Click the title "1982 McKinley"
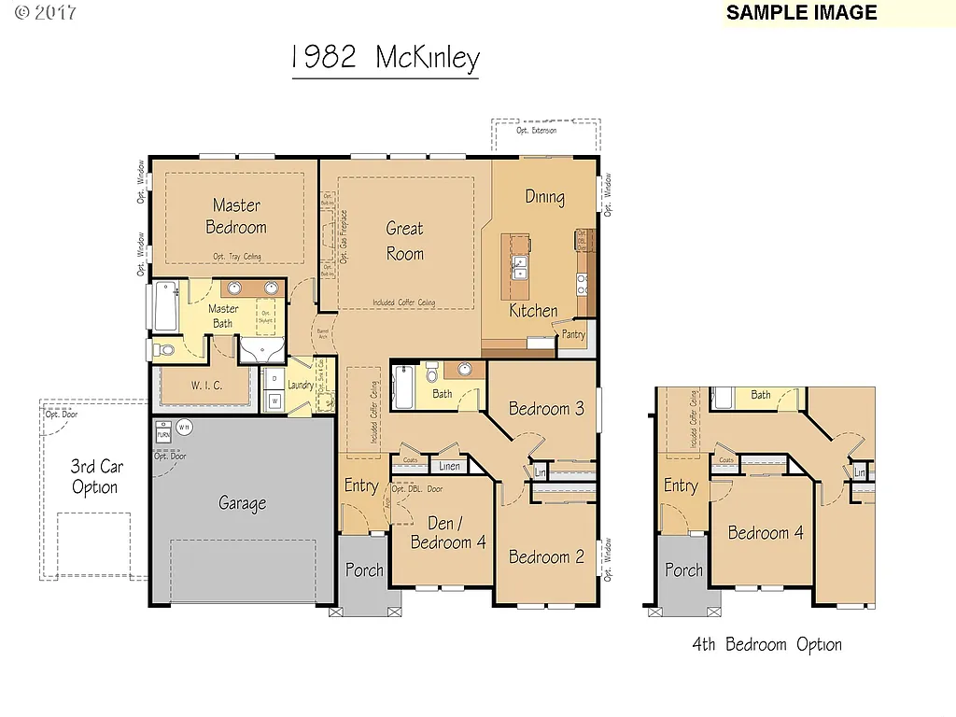point(385,58)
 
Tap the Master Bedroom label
point(236,216)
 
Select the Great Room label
point(405,241)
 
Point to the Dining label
point(544,197)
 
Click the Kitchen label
point(533,311)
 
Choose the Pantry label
point(573,334)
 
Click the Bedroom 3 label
point(546,409)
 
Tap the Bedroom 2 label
point(546,557)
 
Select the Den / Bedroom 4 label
point(447,532)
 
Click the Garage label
point(243,503)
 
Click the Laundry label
point(301,385)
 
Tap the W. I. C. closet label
point(206,386)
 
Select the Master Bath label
point(223,316)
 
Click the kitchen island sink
point(517,268)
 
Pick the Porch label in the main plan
point(364,569)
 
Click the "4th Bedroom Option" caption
point(766,644)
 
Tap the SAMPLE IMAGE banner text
point(801,13)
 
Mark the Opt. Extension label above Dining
point(538,131)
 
